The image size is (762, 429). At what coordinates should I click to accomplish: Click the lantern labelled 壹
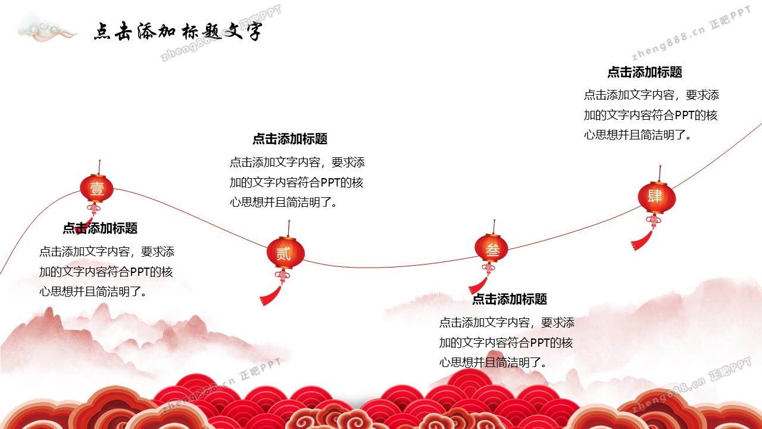[x=96, y=188]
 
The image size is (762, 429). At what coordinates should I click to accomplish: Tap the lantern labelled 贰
[x=285, y=253]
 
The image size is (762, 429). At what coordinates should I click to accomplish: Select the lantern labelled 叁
[x=492, y=248]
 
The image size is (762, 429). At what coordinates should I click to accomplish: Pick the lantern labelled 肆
[x=657, y=198]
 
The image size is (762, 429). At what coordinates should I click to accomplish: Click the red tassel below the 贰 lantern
[x=271, y=296]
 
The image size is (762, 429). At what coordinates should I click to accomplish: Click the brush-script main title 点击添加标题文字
[x=178, y=32]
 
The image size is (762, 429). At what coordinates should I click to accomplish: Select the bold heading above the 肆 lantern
[x=645, y=72]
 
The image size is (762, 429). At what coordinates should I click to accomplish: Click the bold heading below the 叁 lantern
[x=510, y=299]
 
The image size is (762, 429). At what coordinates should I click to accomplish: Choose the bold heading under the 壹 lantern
[x=100, y=228]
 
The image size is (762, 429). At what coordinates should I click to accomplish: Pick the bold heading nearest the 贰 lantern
[x=290, y=139]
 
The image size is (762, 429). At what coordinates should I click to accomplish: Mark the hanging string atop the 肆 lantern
[x=660, y=173]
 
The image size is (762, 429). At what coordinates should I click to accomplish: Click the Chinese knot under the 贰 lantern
[x=283, y=276]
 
